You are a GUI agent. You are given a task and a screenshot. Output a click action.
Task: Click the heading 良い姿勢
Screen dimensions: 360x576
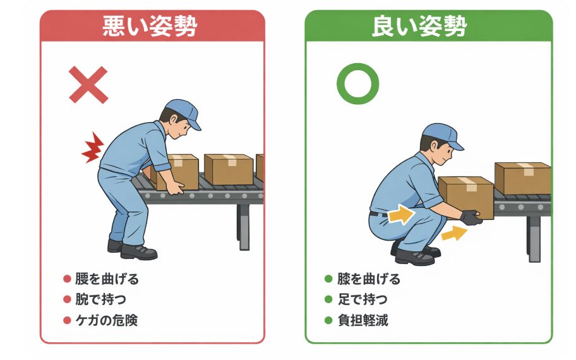pyautogui.click(x=428, y=26)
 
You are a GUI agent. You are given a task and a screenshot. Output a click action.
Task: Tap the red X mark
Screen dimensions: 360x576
pyautogui.click(x=88, y=85)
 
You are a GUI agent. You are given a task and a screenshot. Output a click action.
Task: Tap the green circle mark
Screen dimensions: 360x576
pyautogui.click(x=357, y=85)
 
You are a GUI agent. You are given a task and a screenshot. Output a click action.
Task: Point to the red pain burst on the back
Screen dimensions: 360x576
pyautogui.click(x=92, y=148)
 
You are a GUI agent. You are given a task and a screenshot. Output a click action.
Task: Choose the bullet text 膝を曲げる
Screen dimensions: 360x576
pyautogui.click(x=368, y=279)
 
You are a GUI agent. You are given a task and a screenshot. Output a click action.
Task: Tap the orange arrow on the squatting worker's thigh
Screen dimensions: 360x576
pyautogui.click(x=399, y=217)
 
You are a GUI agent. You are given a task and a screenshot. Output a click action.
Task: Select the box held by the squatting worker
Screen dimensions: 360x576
pyautogui.click(x=465, y=196)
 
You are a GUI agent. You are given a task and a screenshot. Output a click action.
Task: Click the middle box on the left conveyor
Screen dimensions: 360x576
pyautogui.click(x=228, y=169)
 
